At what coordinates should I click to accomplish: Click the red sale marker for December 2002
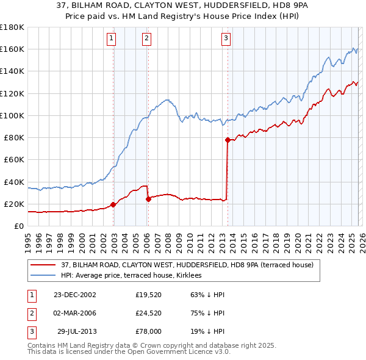[113, 205]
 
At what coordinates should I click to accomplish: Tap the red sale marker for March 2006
[148, 199]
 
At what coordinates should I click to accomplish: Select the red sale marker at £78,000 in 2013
[228, 140]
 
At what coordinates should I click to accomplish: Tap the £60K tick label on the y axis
[13, 159]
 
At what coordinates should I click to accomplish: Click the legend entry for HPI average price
[134, 276]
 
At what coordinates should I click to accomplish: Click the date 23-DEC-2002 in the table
[75, 295]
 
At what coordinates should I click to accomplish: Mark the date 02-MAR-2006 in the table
[75, 313]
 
